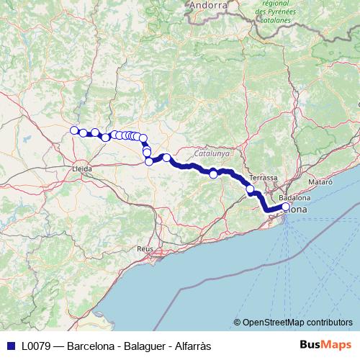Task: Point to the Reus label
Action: [x=146, y=248]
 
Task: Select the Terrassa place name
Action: [x=263, y=177]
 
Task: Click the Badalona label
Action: [x=294, y=197]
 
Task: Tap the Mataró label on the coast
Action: [x=321, y=182]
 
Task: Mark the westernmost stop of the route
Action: [x=73, y=130]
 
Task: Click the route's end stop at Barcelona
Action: [x=285, y=207]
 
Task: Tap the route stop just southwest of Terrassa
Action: [x=251, y=190]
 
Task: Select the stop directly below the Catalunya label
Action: [x=213, y=174]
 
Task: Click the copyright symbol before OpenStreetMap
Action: [x=237, y=322]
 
